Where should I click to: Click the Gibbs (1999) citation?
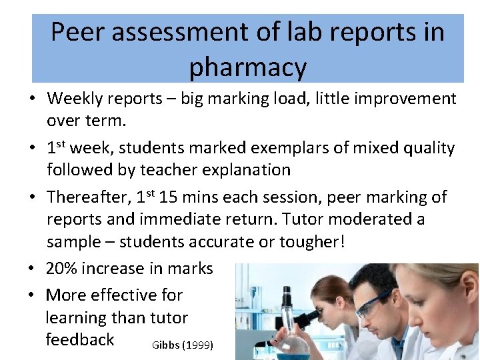tap(182, 345)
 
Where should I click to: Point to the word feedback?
tap(80, 339)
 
